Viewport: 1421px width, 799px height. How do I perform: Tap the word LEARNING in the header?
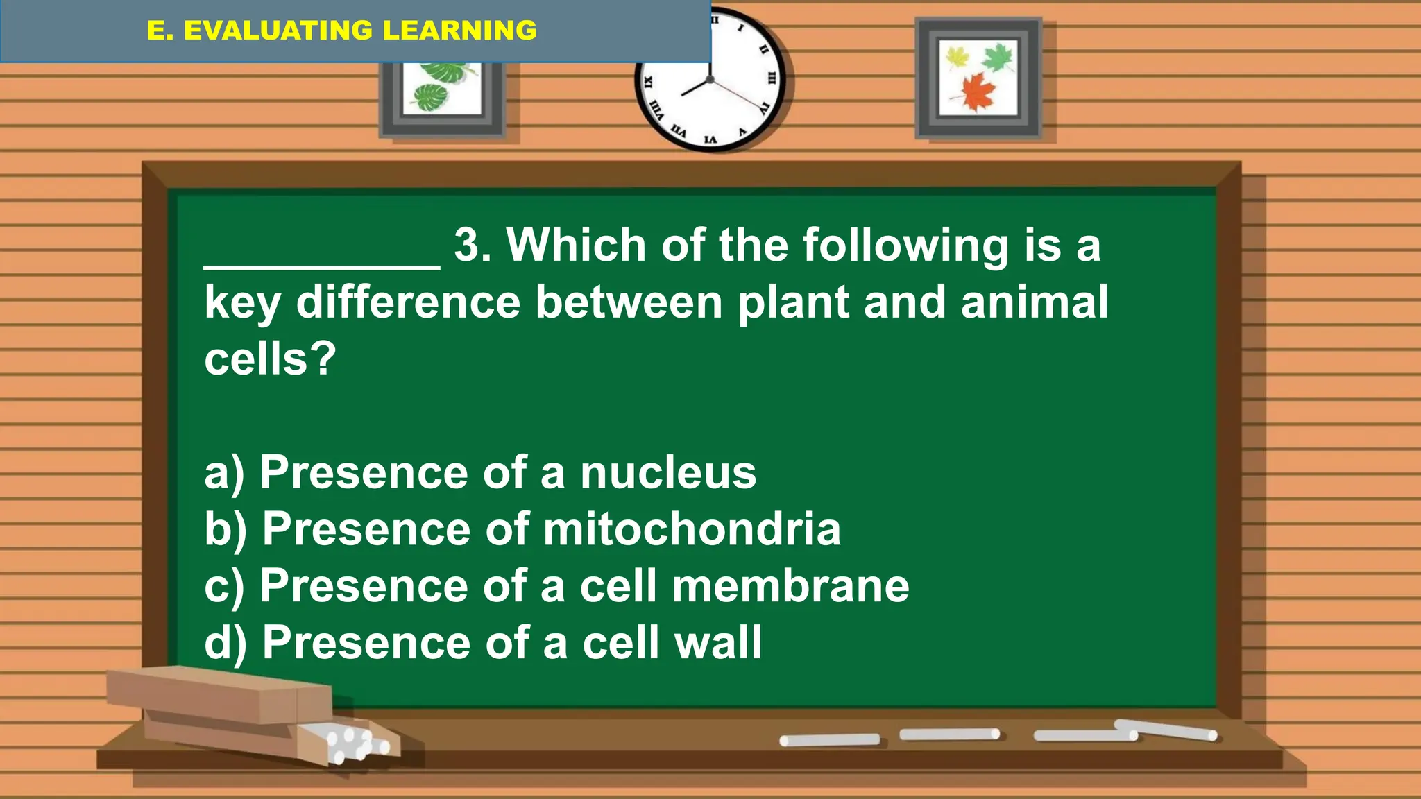click(x=459, y=31)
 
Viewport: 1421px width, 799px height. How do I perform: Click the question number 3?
click(x=472, y=246)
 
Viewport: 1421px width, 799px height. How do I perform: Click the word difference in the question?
click(x=408, y=302)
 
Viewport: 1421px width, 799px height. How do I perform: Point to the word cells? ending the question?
click(x=270, y=359)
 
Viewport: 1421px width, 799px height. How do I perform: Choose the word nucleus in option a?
click(x=667, y=473)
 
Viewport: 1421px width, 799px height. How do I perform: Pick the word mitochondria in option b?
click(x=691, y=530)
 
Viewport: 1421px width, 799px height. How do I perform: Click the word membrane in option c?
click(x=790, y=587)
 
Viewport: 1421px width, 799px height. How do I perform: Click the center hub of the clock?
click(x=710, y=80)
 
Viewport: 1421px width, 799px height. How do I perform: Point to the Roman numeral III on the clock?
click(x=771, y=78)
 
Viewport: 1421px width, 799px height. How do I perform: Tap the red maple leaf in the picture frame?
click(x=978, y=92)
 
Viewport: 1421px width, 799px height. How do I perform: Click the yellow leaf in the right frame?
click(x=958, y=57)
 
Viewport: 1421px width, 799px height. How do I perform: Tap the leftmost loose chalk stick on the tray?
click(x=829, y=740)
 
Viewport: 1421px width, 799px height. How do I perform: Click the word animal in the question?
click(x=1034, y=302)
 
